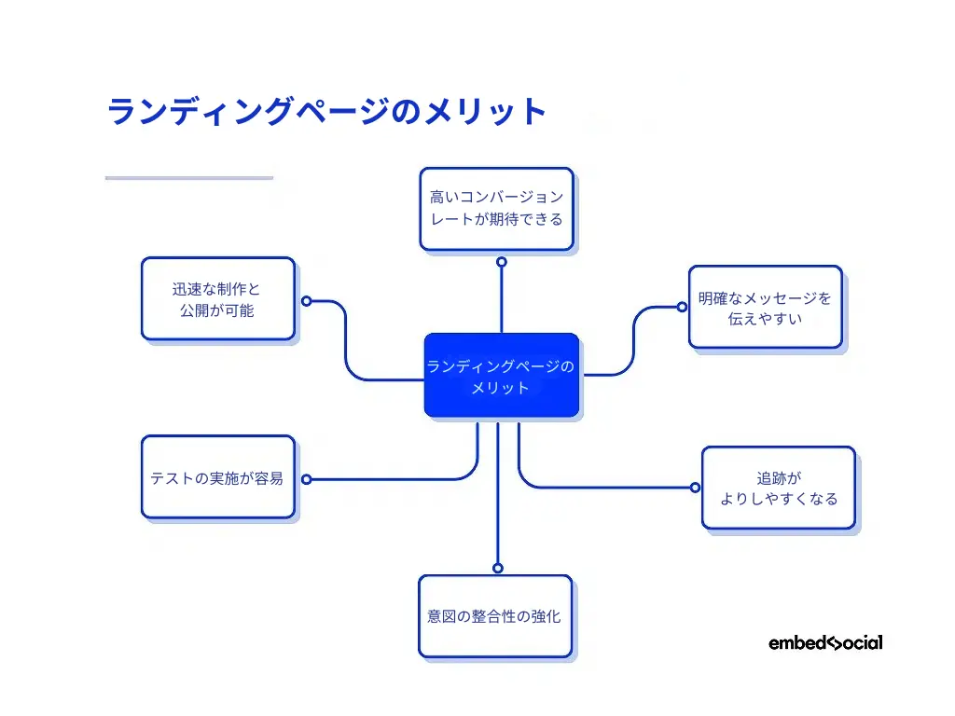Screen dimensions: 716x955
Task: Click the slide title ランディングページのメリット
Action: coord(326,112)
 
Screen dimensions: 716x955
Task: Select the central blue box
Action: coord(501,376)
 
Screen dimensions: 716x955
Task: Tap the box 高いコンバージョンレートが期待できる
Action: coord(496,209)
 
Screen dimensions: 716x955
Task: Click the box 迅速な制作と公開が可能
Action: coord(217,299)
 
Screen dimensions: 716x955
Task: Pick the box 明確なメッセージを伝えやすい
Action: coord(765,308)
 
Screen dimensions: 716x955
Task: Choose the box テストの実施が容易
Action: coord(217,477)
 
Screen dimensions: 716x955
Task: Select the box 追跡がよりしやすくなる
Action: coord(778,488)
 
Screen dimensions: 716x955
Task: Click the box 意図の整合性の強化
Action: coord(494,616)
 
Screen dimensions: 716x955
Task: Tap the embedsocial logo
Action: coord(825,642)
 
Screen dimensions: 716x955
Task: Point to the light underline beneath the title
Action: coord(189,177)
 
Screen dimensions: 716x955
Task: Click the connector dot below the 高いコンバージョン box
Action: coord(501,262)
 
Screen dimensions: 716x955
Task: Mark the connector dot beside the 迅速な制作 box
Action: coord(306,301)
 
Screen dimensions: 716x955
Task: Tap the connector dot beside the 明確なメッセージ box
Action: coord(682,307)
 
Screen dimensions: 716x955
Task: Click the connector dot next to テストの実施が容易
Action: coord(306,479)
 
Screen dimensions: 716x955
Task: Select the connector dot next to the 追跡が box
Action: coord(694,487)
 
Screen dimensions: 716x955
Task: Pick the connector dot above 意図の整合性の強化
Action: coord(497,567)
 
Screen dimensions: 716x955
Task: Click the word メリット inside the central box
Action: coord(501,388)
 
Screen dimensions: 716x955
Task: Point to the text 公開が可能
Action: coord(217,310)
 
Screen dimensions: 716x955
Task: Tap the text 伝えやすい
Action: coord(765,319)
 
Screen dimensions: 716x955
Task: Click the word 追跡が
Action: coord(778,477)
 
